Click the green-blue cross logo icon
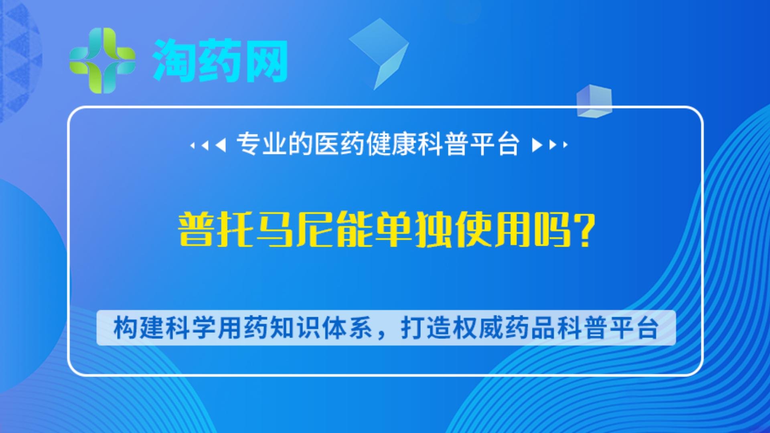pyautogui.click(x=102, y=60)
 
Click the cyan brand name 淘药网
pyautogui.click(x=220, y=61)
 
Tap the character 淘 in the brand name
pyautogui.click(x=174, y=61)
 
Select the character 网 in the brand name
pyautogui.click(x=266, y=61)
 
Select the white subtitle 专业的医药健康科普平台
pyautogui.click(x=378, y=144)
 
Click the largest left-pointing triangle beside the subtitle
pyautogui.click(x=221, y=145)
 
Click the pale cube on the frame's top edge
pyautogui.click(x=594, y=101)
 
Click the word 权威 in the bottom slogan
pyautogui.click(x=478, y=328)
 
